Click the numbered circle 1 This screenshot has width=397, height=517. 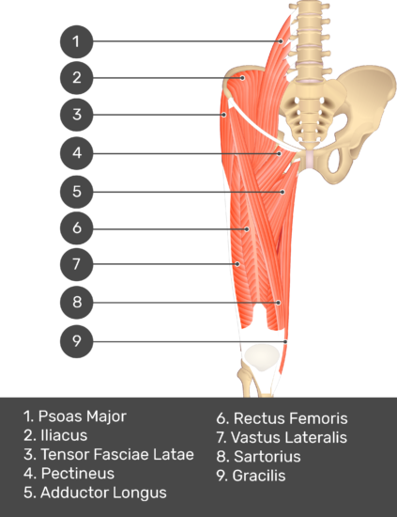click(76, 41)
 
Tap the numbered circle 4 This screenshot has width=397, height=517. click(76, 153)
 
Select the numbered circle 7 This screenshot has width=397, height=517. click(76, 264)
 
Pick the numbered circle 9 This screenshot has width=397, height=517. click(76, 341)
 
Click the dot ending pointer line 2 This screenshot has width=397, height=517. click(242, 78)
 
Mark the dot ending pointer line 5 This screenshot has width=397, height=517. click(282, 192)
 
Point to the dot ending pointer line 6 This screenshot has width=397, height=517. click(247, 229)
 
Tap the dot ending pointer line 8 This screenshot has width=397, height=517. click(278, 303)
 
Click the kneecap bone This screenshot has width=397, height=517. click(262, 357)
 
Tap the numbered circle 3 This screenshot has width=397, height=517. click(76, 115)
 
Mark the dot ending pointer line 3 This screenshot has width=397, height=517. click(224, 115)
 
